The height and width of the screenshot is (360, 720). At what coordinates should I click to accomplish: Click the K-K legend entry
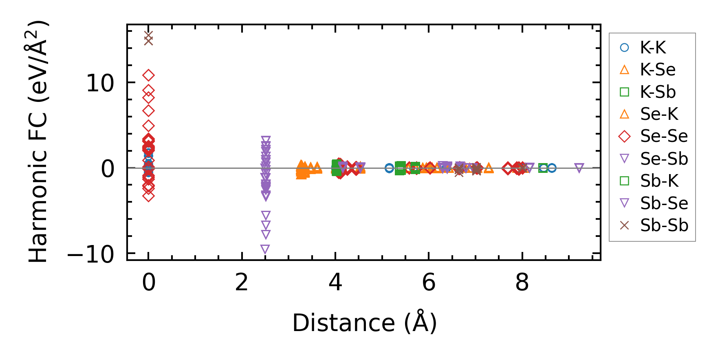coord(652,48)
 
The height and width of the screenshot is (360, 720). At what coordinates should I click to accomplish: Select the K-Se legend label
coord(657,70)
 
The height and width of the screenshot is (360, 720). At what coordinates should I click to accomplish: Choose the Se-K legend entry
coord(659,114)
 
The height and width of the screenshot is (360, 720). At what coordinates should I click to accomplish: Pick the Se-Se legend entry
coord(664,136)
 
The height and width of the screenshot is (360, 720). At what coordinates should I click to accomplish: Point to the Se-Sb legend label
coord(664,159)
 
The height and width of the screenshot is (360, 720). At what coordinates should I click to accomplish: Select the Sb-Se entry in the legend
coord(664,203)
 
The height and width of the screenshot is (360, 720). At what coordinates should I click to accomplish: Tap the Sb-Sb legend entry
coord(664,225)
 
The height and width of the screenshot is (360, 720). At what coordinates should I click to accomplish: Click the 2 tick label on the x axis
coord(242,282)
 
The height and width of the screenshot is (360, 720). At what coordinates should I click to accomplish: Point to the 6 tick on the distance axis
coord(429,282)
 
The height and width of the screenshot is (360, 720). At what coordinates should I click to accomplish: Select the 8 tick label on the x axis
coord(522,282)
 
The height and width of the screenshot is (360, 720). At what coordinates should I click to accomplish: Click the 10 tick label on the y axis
coord(100,84)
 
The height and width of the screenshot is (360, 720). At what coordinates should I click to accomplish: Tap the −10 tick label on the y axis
coord(90,255)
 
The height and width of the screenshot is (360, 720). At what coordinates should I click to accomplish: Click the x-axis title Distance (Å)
coord(364,323)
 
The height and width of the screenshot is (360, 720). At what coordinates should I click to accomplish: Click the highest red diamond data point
coord(148,75)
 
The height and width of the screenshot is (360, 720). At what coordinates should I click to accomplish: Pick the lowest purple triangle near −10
coord(265,249)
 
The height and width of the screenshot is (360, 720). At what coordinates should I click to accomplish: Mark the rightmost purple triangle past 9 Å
coord(579,168)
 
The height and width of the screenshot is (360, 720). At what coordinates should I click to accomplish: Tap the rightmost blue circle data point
coord(552,168)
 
